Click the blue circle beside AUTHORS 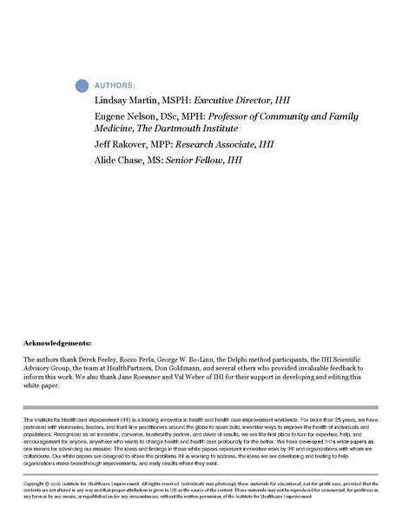(x=82, y=85)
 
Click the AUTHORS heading (x=114, y=86)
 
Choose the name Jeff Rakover (x=117, y=152)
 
